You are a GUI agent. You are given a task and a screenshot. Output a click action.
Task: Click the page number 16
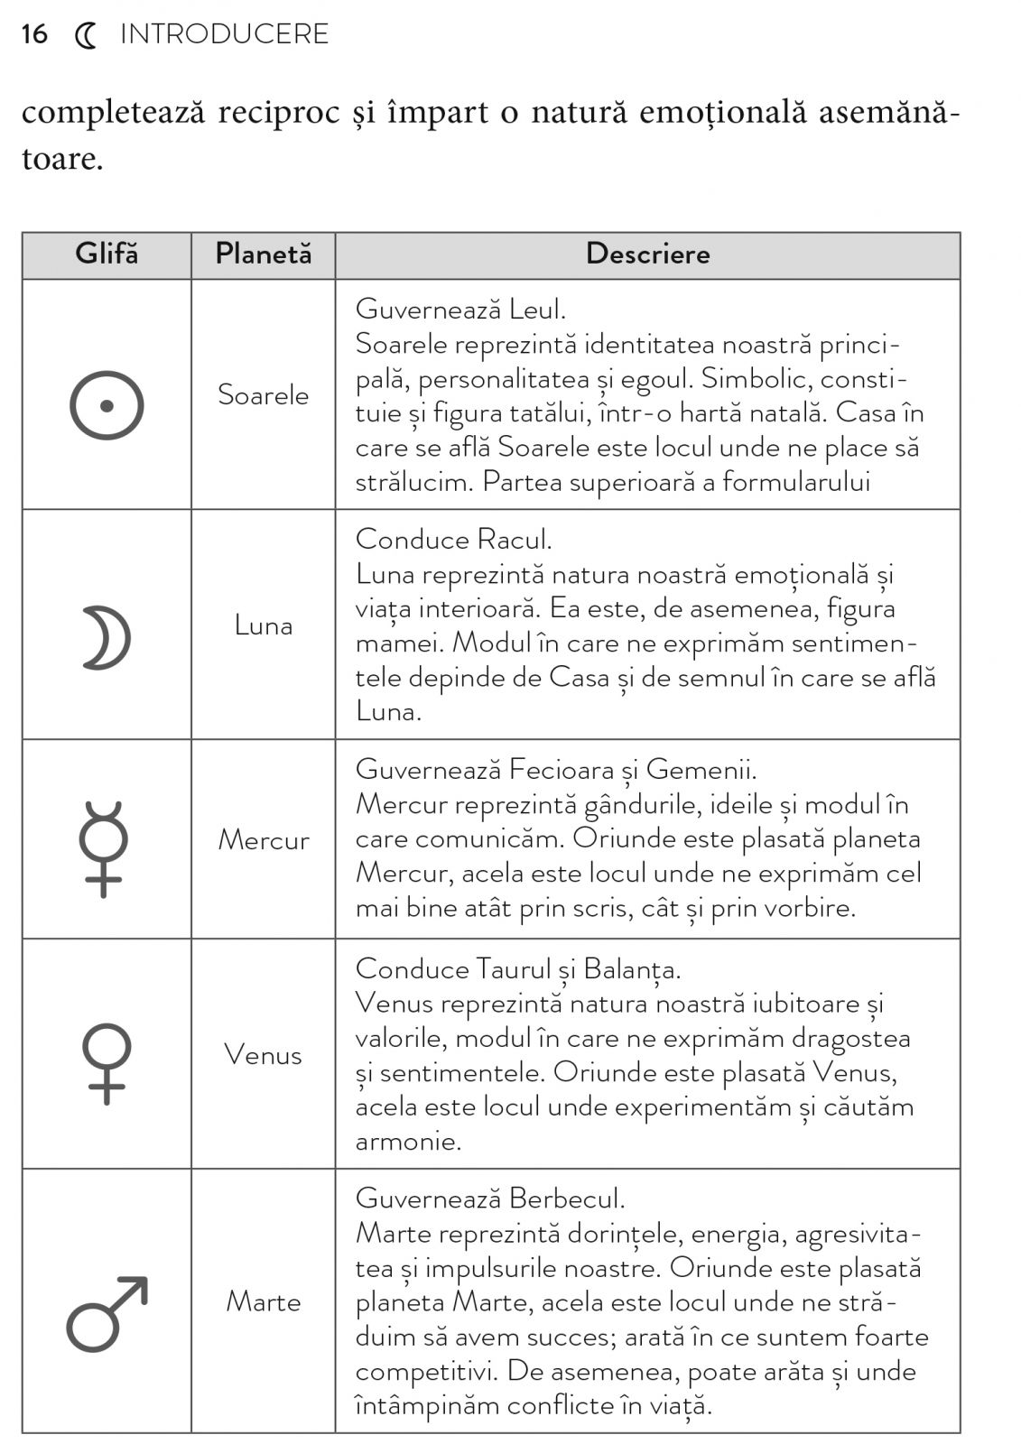34,34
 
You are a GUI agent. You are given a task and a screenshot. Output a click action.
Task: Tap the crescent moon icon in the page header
85,35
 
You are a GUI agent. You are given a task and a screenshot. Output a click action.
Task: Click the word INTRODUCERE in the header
224,34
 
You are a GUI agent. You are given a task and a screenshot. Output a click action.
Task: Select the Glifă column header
107,254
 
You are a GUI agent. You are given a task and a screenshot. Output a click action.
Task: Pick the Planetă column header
263,254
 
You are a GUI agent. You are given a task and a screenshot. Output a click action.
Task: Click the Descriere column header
647,254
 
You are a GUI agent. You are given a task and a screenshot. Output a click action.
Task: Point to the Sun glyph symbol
107,405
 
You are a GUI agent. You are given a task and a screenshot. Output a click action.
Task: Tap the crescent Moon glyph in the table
107,638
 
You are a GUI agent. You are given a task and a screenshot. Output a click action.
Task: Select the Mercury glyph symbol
104,848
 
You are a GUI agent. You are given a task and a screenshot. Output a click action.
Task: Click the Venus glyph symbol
107,1063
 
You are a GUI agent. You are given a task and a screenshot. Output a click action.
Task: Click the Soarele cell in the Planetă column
263,394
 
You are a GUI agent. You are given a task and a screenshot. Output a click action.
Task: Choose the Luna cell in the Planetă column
263,625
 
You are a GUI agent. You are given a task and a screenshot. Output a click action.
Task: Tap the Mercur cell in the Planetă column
263,839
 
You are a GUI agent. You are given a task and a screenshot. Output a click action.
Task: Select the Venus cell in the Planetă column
263,1054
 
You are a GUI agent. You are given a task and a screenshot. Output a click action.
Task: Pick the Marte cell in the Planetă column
263,1301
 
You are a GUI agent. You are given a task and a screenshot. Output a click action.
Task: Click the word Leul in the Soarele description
537,310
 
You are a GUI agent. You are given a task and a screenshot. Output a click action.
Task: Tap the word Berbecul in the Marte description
566,1199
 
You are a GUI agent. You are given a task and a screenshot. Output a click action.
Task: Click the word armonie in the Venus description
408,1142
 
